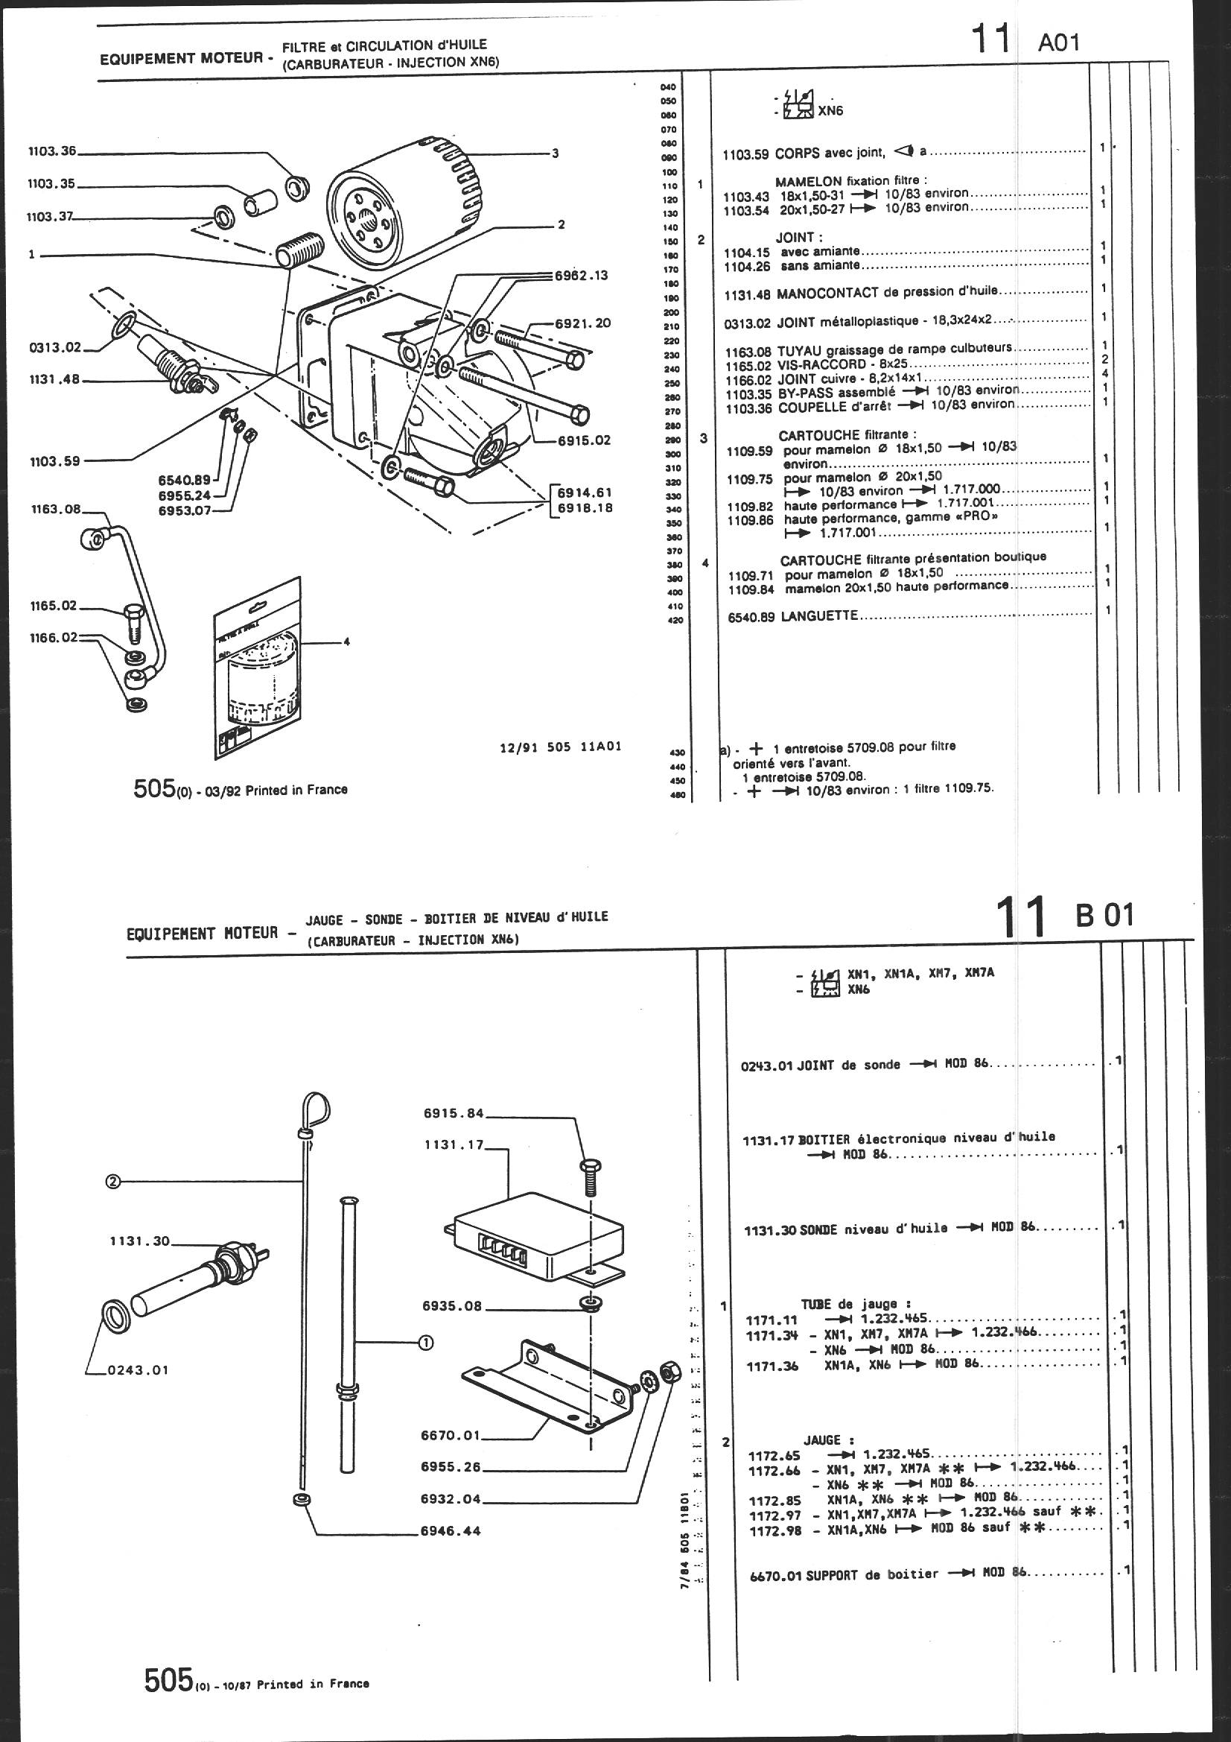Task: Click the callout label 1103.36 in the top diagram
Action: click(51, 152)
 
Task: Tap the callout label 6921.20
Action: click(582, 323)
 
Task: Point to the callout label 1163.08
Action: click(55, 510)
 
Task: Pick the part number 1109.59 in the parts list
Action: click(749, 451)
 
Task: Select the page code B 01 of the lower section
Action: click(1105, 915)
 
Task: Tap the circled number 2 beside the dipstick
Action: click(113, 1180)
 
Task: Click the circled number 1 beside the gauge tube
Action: click(425, 1342)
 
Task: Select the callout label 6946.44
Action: click(451, 1530)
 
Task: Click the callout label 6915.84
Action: click(453, 1114)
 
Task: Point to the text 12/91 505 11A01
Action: click(561, 746)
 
